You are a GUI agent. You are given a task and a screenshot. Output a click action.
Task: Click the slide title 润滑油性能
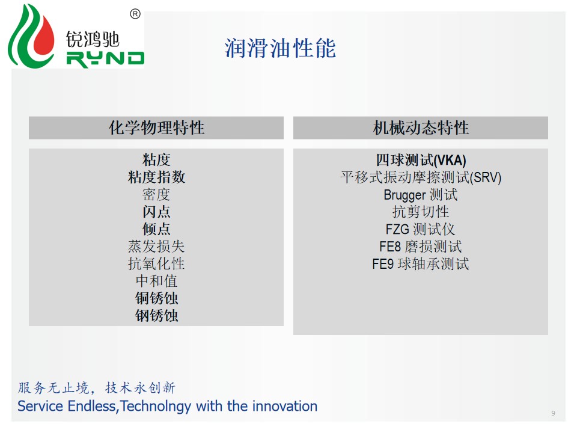280,48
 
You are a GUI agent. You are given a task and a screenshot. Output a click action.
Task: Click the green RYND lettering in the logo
105,59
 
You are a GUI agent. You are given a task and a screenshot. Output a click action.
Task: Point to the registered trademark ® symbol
135,14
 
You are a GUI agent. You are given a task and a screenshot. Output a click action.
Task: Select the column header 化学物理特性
156,127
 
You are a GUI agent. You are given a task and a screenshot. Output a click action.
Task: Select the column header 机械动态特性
421,127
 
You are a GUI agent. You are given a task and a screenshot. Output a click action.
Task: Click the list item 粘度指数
156,177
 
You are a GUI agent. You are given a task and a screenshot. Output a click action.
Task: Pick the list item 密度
156,194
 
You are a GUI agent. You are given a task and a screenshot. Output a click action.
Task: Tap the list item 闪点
156,212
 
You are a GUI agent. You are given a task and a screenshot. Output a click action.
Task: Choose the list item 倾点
156,229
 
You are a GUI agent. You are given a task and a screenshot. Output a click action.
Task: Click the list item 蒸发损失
156,247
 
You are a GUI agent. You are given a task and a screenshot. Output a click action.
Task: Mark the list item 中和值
156,281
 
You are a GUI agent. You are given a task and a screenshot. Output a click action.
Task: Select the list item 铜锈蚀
156,298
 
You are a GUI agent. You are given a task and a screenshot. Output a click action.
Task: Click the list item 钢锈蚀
156,316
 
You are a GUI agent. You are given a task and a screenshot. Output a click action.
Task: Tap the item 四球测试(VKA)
421,160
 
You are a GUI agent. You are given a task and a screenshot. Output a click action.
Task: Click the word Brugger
405,195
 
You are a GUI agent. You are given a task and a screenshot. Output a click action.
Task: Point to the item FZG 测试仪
420,229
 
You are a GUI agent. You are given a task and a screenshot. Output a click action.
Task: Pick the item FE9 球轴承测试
420,264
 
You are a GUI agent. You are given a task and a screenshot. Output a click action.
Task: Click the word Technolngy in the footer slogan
156,407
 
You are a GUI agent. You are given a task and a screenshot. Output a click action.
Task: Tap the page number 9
553,413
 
